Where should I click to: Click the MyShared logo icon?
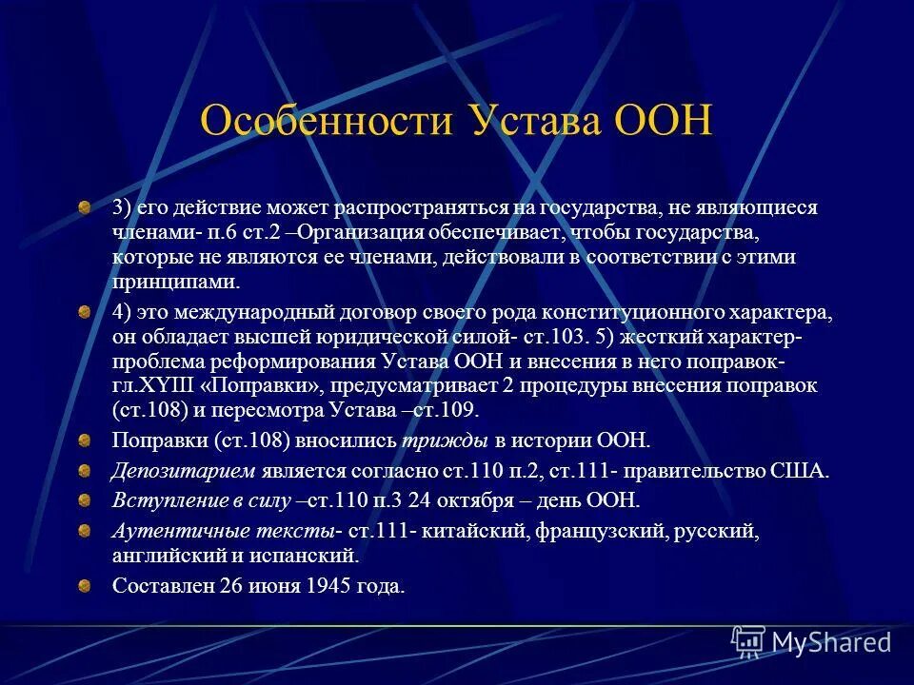747,642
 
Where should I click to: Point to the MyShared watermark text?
831,642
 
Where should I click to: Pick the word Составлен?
159,586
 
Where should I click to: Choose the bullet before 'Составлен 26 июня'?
86,585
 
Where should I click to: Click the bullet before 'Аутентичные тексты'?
86,529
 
